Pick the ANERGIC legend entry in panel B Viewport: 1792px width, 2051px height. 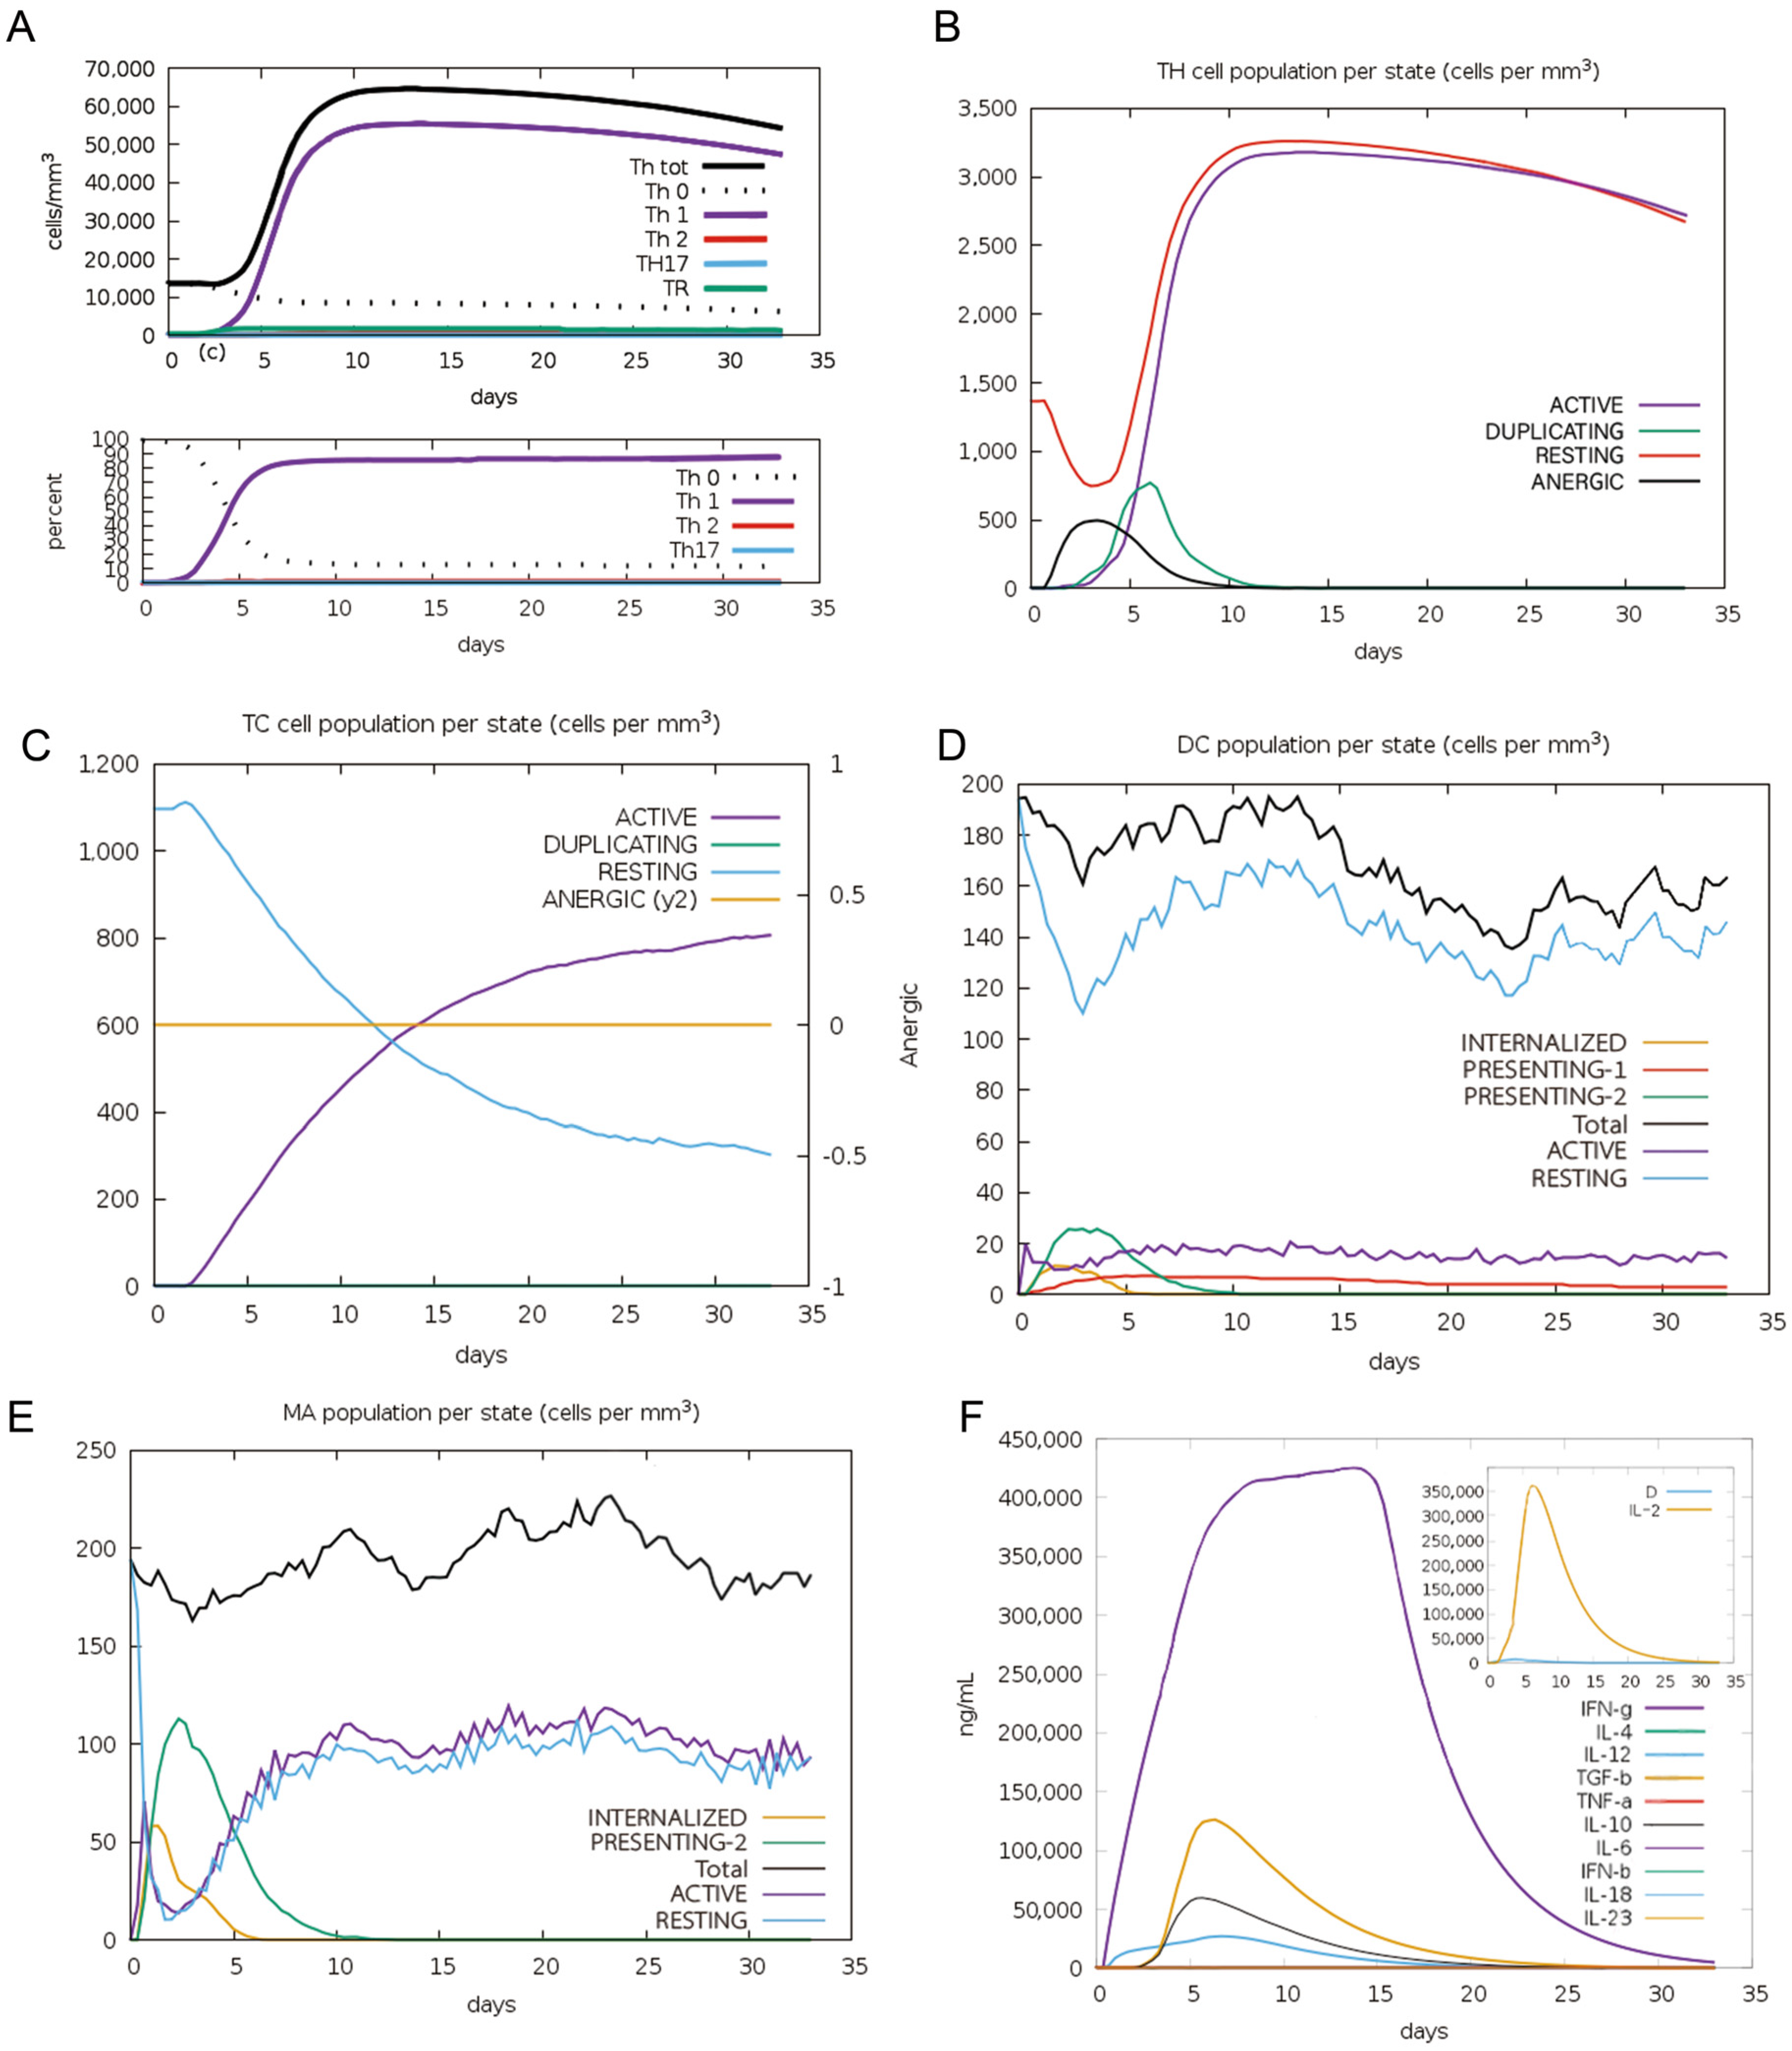1577,482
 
